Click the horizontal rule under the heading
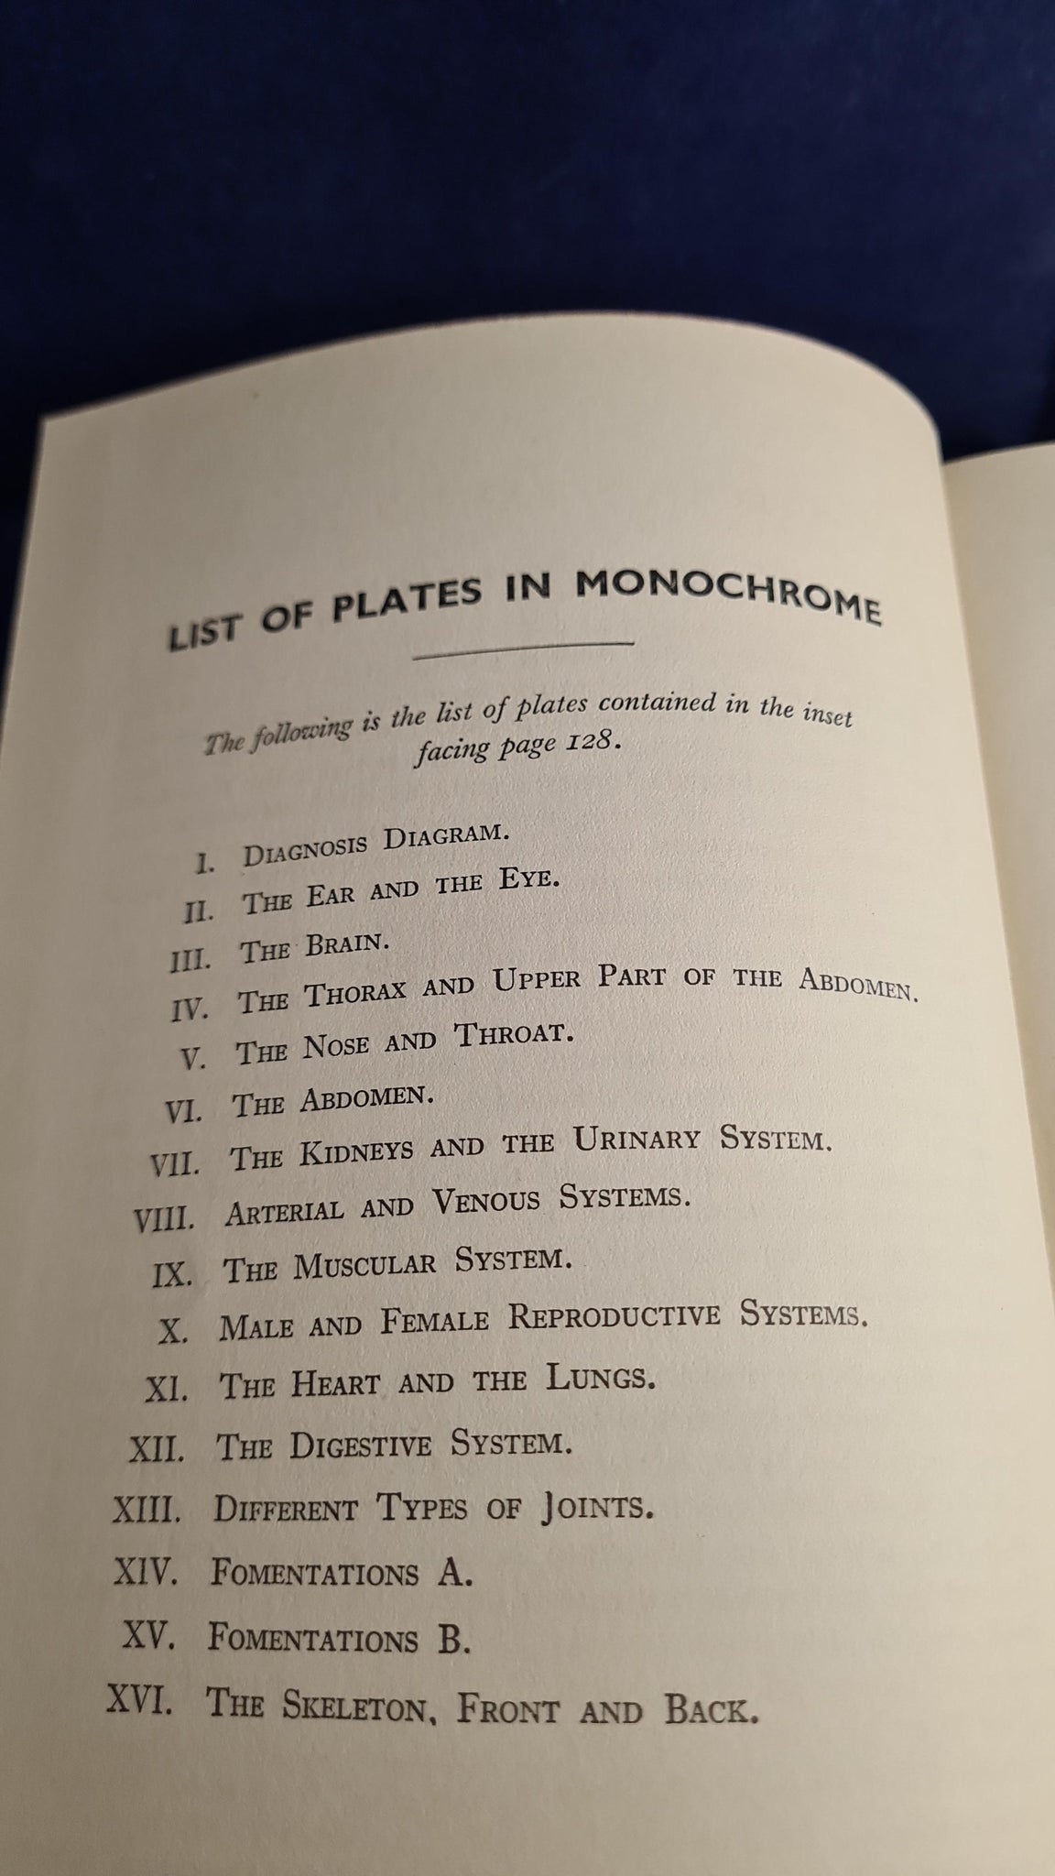(523, 649)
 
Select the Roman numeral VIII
(164, 1219)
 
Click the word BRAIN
(343, 945)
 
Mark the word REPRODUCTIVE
(615, 1316)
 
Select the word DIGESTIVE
(361, 1445)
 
